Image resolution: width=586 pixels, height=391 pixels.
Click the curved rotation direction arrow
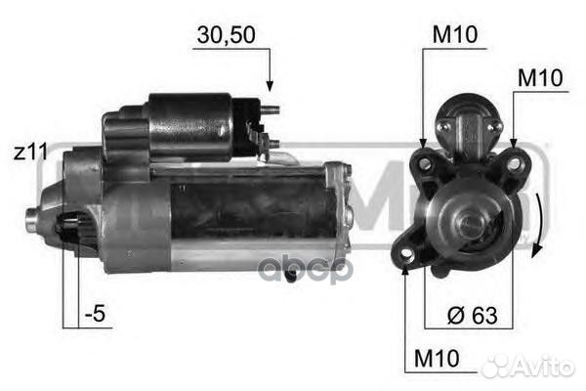(536, 225)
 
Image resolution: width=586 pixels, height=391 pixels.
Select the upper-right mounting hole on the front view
(513, 162)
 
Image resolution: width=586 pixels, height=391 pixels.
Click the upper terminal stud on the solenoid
(273, 109)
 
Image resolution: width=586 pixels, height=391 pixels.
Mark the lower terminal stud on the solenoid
(273, 144)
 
